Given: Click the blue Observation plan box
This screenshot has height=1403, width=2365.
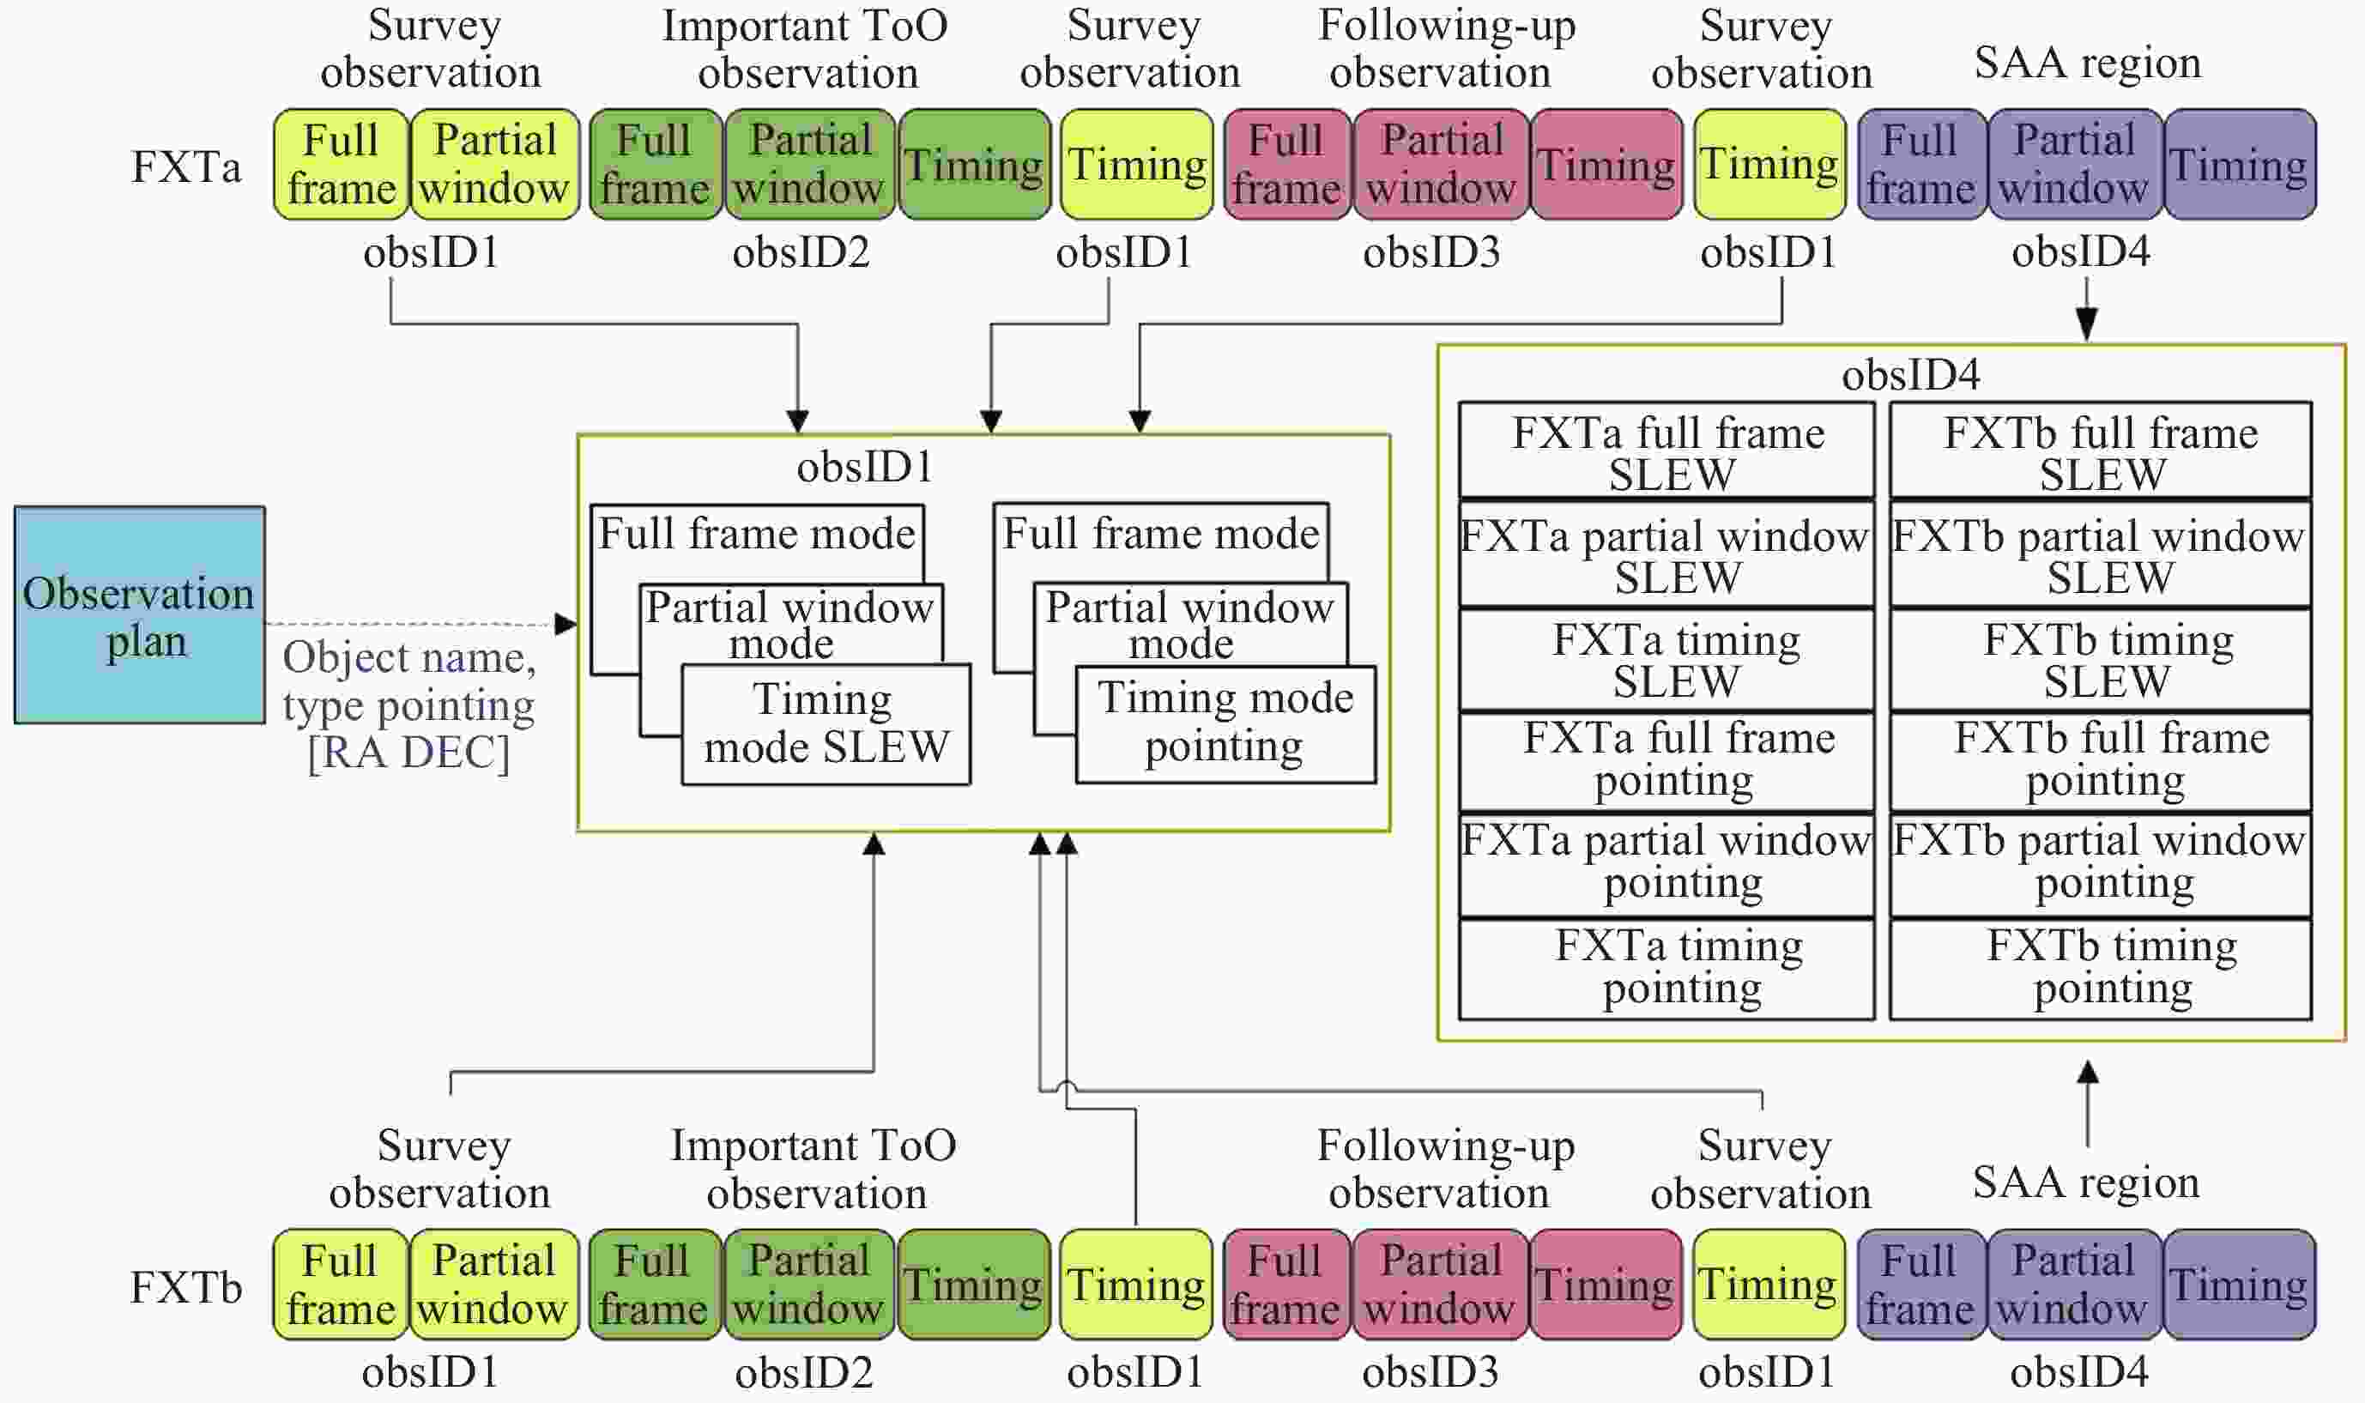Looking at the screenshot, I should (x=139, y=615).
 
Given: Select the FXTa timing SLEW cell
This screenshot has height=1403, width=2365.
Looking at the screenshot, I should (x=1666, y=660).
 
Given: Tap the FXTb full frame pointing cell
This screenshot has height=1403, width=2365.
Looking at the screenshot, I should (x=2101, y=760).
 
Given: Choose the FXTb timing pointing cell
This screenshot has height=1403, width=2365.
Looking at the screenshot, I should (x=2101, y=969).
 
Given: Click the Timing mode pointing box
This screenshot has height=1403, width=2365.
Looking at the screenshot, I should (x=1225, y=723).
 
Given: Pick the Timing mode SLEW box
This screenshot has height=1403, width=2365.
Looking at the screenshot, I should (x=826, y=724).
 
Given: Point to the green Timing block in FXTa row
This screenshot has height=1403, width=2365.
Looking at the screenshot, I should (x=974, y=165).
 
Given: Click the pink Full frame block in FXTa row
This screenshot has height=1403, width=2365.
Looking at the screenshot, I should (x=1286, y=165).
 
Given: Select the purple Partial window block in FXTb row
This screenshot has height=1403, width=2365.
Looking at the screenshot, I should (x=2073, y=1284).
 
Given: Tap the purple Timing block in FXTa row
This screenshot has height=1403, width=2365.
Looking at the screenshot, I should (x=2238, y=165).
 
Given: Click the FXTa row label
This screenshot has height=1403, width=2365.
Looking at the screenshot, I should (x=186, y=167).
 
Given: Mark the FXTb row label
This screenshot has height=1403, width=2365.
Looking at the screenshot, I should (x=186, y=1288).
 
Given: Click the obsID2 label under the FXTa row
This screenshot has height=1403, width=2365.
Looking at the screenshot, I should (x=801, y=252).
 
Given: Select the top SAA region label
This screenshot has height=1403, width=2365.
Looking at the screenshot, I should (x=2087, y=63).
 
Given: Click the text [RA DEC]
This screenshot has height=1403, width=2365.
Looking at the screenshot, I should (x=408, y=753).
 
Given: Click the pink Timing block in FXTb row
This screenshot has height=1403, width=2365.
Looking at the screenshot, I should (x=1605, y=1284).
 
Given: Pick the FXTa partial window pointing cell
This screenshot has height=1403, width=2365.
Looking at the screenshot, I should (x=1666, y=862).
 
